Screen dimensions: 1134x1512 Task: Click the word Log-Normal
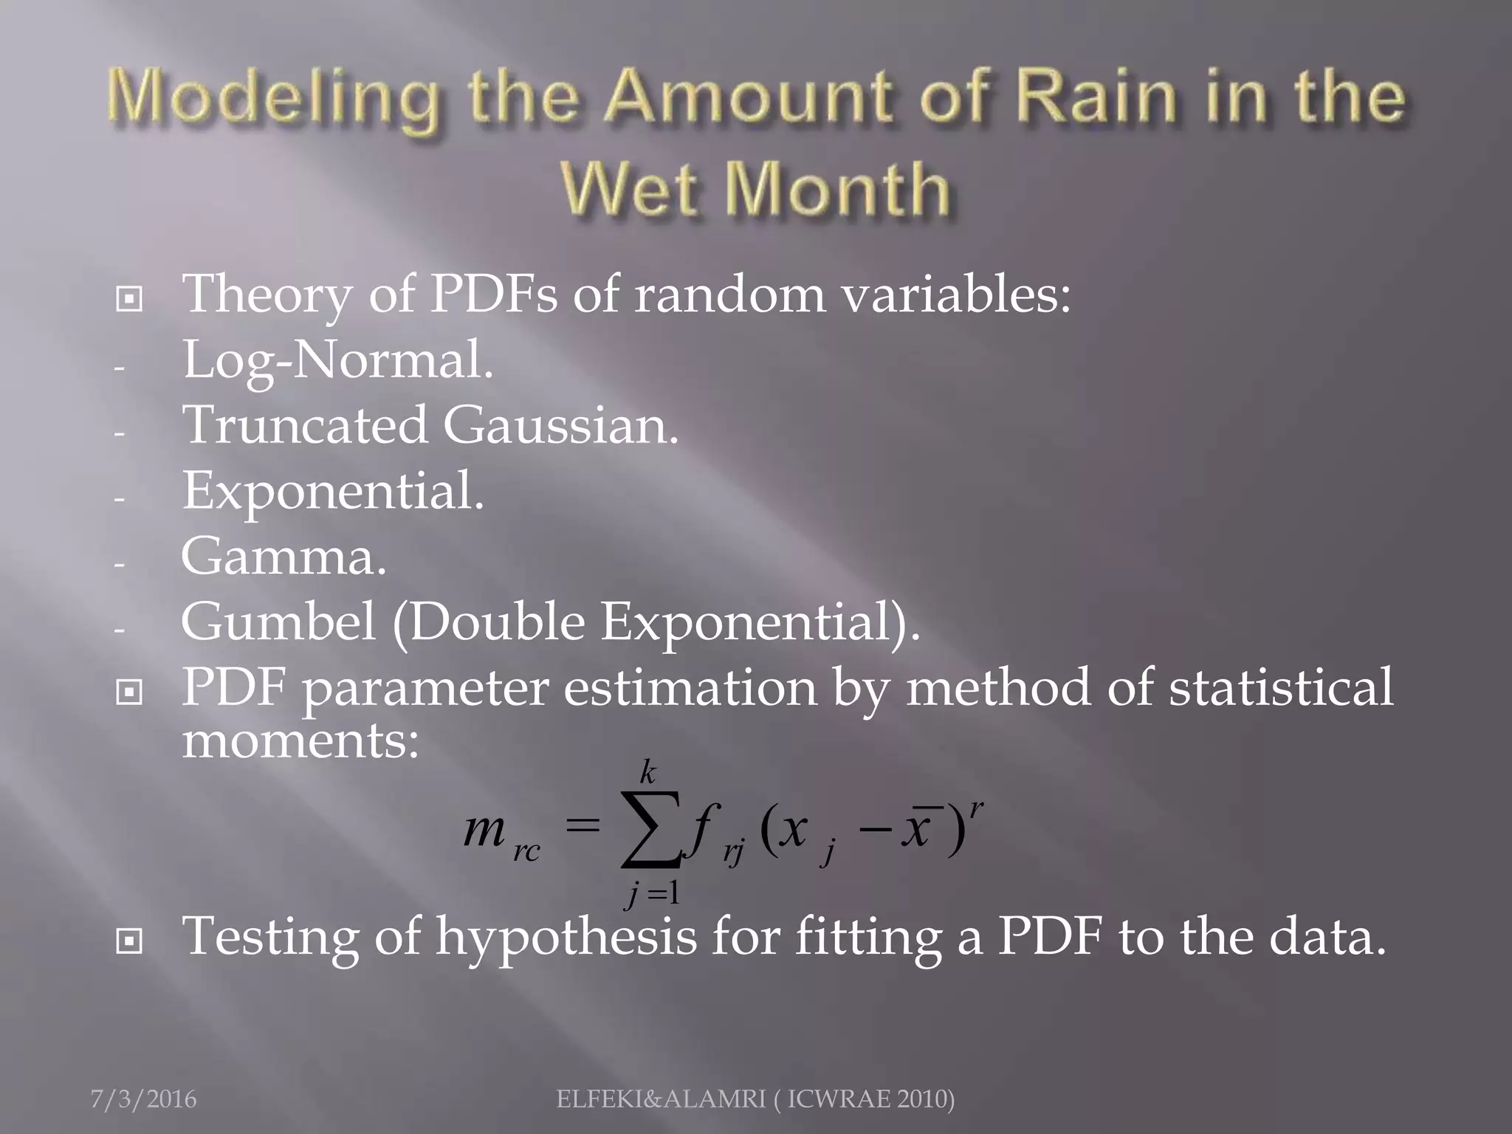[x=337, y=360]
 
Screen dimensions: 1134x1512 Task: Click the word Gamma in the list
[x=283, y=557]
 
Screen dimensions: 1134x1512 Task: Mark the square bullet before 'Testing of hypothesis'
[x=129, y=941]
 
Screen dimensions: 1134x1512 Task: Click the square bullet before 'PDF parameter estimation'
[x=129, y=692]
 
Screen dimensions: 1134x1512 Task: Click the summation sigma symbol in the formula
[x=650, y=829]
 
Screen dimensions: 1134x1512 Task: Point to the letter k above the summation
[x=647, y=772]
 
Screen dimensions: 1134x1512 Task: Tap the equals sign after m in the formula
[x=582, y=826]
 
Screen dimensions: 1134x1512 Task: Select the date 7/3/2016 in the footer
[x=143, y=1099]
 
